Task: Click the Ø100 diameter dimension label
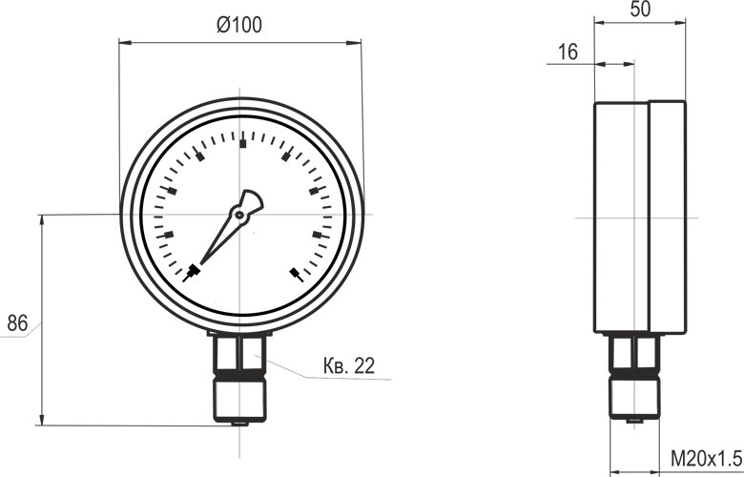click(239, 25)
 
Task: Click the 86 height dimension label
click(17, 323)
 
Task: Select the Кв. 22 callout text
click(349, 366)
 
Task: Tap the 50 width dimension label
click(640, 9)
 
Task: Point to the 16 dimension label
click(568, 52)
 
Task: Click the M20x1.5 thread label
click(707, 460)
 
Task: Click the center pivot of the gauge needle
click(239, 215)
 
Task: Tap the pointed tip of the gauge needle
click(201, 263)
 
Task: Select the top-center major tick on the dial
click(243, 144)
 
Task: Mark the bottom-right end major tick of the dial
click(296, 275)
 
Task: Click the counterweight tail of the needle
click(252, 201)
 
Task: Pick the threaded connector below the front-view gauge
click(239, 397)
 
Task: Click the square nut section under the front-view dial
click(239, 354)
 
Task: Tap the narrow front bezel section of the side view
click(668, 217)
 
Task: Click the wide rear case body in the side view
click(622, 217)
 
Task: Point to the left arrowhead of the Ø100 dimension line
click(125, 43)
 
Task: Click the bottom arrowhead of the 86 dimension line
click(42, 420)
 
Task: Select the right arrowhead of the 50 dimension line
click(679, 22)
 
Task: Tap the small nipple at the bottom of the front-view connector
click(239, 424)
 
